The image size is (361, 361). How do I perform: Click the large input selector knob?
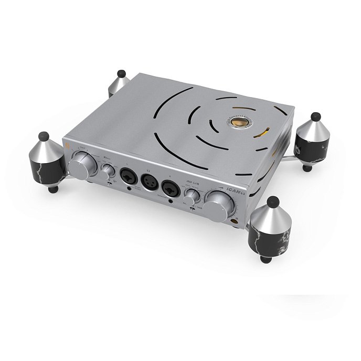click(x=84, y=165)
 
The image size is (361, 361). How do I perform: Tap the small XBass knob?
click(x=109, y=171)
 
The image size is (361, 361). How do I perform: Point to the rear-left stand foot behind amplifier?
click(x=119, y=82)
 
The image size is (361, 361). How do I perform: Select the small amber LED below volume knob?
click(x=243, y=225)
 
